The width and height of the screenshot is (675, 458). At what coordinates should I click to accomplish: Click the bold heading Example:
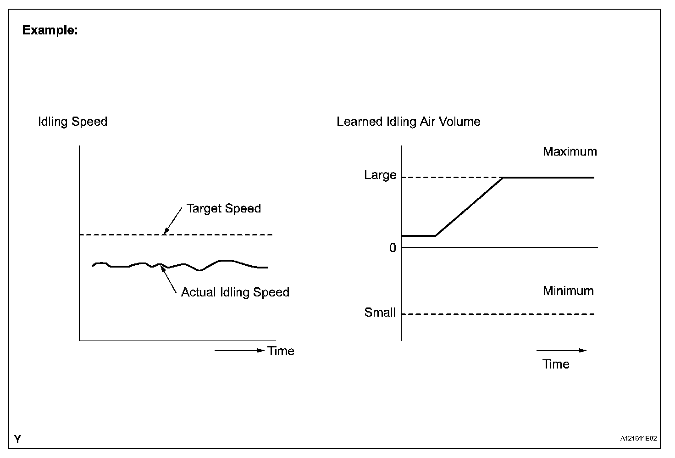50,31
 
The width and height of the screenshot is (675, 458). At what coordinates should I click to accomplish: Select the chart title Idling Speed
72,122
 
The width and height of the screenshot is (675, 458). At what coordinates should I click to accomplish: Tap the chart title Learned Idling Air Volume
408,122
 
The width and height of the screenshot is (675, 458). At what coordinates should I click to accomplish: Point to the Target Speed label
223,208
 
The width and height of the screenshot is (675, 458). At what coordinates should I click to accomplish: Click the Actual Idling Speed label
235,292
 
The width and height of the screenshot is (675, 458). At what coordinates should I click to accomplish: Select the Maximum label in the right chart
570,151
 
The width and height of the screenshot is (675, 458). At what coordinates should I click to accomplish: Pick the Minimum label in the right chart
568,291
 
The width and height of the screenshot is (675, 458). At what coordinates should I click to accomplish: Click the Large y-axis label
380,175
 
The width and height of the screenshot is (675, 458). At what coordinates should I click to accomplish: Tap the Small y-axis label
380,313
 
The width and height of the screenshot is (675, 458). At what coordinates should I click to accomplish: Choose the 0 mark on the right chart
393,248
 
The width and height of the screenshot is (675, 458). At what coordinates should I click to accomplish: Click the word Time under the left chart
281,351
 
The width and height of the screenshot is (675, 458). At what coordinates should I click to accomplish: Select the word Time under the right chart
556,364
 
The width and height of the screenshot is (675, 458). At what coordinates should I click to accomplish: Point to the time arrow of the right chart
561,351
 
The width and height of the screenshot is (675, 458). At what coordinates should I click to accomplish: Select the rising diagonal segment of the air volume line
469,207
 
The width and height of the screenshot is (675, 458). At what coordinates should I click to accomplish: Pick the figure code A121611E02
639,439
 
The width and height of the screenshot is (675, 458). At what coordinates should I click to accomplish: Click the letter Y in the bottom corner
17,440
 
